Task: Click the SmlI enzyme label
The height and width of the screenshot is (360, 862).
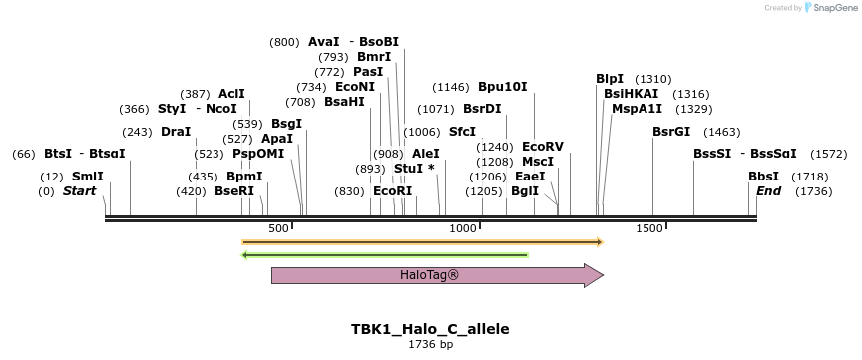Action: (87, 176)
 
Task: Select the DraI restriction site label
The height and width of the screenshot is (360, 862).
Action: (176, 132)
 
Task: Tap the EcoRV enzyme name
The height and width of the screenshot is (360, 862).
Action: (543, 147)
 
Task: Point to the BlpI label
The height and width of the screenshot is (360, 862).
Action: (610, 79)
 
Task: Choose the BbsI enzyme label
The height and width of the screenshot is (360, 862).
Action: (764, 176)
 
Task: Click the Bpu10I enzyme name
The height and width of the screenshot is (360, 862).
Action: (503, 87)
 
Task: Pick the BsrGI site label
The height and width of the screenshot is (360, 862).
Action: (671, 132)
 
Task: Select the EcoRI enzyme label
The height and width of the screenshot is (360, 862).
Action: (392, 191)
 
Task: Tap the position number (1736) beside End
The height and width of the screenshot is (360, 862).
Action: (813, 191)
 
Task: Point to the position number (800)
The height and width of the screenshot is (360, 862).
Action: (284, 42)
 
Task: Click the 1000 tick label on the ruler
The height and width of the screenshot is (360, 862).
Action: (464, 229)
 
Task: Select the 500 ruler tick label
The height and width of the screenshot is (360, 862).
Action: (278, 229)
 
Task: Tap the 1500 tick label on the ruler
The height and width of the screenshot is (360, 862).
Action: (649, 229)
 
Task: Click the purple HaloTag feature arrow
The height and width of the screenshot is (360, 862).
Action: (437, 275)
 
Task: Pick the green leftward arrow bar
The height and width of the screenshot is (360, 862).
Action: (385, 255)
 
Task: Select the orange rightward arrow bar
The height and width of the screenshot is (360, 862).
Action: (422, 241)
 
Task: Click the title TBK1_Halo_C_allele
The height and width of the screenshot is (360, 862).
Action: (430, 328)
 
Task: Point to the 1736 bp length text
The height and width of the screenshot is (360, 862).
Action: (430, 344)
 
